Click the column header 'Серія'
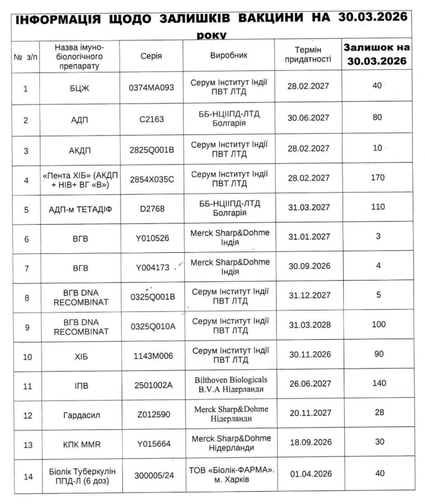151,56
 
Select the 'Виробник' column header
229,56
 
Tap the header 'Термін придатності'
308,55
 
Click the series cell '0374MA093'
152,87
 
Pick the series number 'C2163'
152,118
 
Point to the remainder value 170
379,178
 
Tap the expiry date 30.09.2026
309,266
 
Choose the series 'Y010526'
152,238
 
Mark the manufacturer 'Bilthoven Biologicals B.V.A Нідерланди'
229,384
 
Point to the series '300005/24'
152,474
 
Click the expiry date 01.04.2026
309,474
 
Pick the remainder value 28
379,413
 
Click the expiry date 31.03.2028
309,325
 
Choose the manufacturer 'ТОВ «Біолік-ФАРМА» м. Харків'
229,474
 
